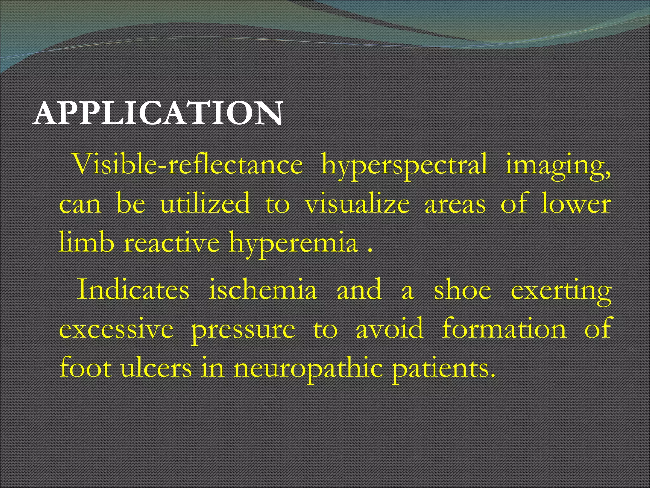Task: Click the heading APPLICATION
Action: pos(158,113)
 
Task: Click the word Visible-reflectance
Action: pos(188,165)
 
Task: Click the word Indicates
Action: pos(133,289)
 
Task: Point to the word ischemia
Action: pos(263,289)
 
